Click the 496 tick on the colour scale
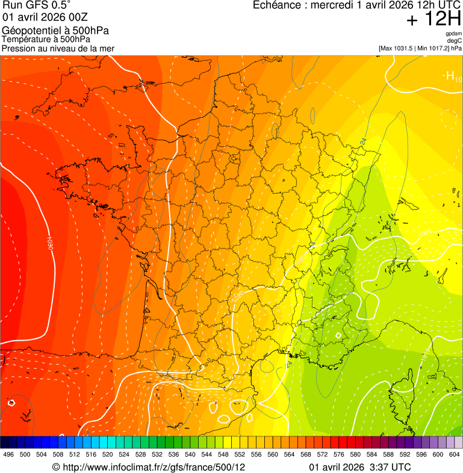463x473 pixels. pyautogui.click(x=8, y=454)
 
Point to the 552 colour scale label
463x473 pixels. pyautogui.click(x=239, y=454)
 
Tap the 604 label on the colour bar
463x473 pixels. pyautogui.click(x=453, y=454)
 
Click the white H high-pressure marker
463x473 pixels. pyautogui.click(x=449, y=76)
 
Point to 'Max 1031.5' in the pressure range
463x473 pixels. pyautogui.click(x=397, y=48)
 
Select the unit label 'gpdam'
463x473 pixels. pyautogui.click(x=453, y=34)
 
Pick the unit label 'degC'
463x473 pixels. pyautogui.click(x=455, y=41)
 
